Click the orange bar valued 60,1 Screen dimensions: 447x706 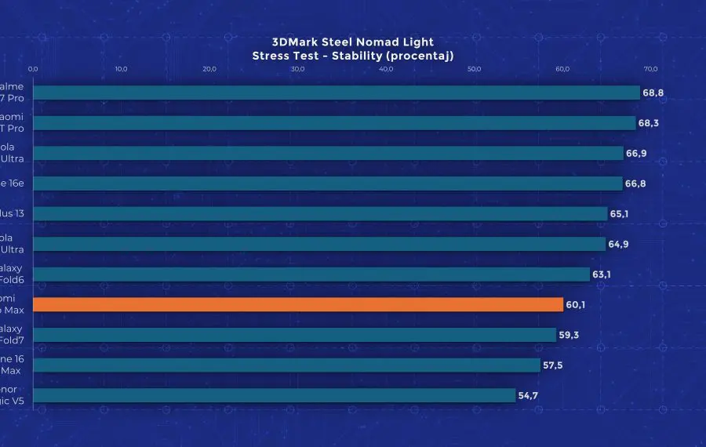pyautogui.click(x=298, y=304)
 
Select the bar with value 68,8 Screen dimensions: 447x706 pyautogui.click(x=337, y=93)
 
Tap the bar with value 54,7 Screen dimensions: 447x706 pyautogui.click(x=274, y=395)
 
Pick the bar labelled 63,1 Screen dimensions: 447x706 pyautogui.click(x=311, y=274)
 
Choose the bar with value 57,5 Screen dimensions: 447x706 pyautogui.click(x=286, y=365)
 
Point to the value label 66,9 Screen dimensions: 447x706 pyautogui.click(x=635, y=153)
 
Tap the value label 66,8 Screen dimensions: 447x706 pyautogui.click(x=635, y=184)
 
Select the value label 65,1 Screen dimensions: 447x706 pyautogui.click(x=620, y=213)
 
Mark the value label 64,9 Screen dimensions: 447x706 pyautogui.click(x=618, y=244)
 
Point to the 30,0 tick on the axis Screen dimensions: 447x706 pyautogui.click(x=297, y=69)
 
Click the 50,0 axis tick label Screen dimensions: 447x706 pyautogui.click(x=474, y=69)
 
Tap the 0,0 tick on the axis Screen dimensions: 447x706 pyautogui.click(x=33, y=69)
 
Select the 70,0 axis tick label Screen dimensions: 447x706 pyautogui.click(x=650, y=69)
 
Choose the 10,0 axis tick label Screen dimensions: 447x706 pyautogui.click(x=121, y=69)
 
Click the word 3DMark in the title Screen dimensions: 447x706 pyautogui.click(x=293, y=42)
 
